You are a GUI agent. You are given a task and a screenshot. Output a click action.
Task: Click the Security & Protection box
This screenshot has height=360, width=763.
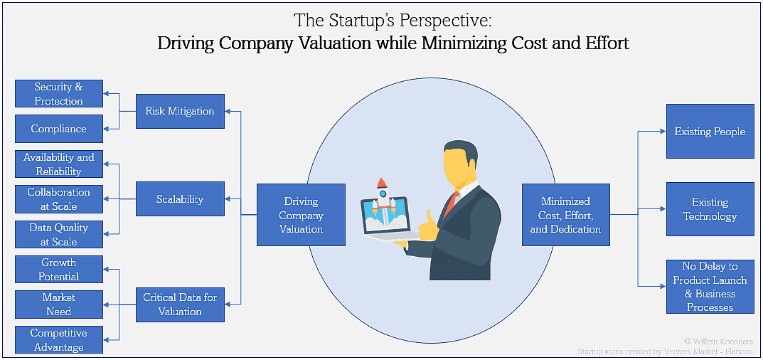coord(59,94)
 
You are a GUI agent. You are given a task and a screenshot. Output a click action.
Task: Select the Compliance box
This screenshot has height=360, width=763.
coord(59,129)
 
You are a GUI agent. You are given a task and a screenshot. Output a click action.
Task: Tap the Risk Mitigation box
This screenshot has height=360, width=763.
coord(180,111)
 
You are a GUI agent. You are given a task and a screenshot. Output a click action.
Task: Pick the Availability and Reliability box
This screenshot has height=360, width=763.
coord(59,164)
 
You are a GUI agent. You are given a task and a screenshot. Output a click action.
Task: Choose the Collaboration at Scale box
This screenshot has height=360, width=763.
coord(59,199)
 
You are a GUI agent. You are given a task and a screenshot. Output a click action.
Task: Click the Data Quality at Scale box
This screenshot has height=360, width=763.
coord(59,234)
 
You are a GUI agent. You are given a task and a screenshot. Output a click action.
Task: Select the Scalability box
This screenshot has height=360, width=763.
coord(180,199)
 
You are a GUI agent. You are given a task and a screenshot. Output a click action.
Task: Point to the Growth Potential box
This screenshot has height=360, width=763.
coord(59,270)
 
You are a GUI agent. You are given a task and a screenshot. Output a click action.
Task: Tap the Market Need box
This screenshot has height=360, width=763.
coord(59,305)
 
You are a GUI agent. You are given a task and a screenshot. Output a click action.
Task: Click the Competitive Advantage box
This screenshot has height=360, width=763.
coord(59,340)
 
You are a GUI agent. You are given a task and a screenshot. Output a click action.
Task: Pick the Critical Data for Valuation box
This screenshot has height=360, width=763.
coord(180,305)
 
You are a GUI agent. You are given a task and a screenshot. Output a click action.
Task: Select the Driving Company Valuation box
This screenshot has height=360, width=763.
coord(301,216)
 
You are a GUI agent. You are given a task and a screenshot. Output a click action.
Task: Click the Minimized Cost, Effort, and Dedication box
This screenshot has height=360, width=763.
coord(565,216)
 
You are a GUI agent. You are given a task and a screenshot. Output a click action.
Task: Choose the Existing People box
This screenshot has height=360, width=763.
coord(710,132)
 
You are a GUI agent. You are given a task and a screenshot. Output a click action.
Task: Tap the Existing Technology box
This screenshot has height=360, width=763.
coord(710,209)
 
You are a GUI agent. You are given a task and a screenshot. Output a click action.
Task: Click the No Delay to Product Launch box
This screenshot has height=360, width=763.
coord(710,287)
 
